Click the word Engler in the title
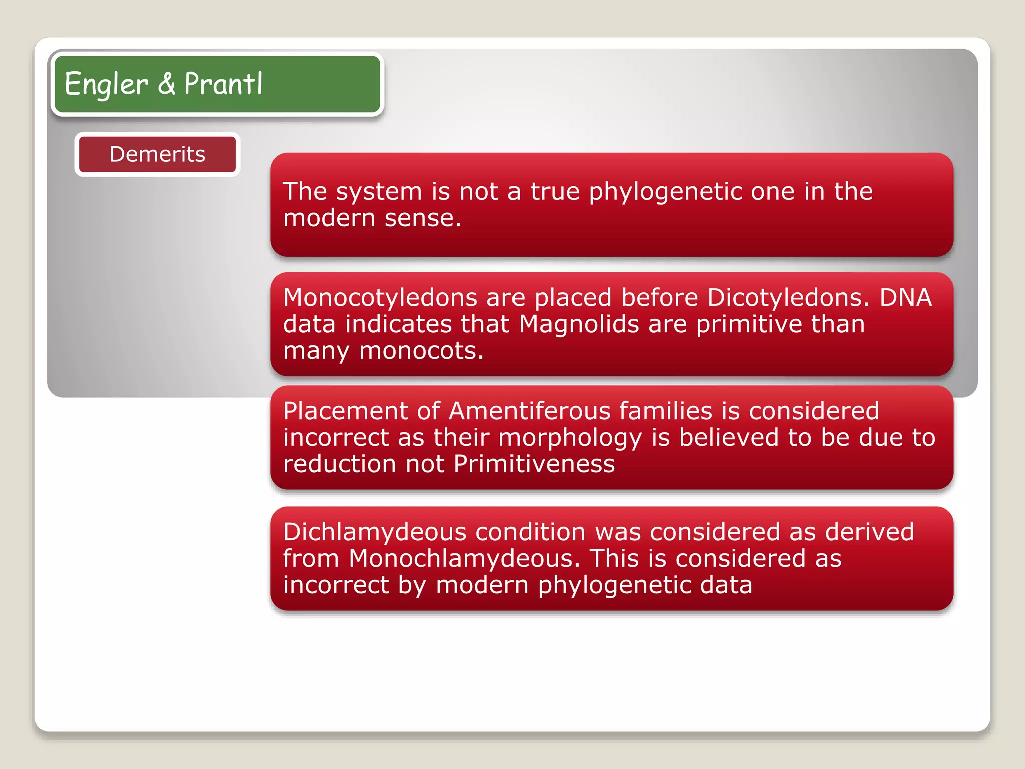point(106,84)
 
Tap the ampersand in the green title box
point(167,84)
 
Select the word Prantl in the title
point(223,84)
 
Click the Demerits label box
point(157,154)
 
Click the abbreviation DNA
point(906,298)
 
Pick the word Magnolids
point(579,324)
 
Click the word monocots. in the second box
point(421,351)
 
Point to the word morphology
point(570,438)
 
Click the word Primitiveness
point(534,464)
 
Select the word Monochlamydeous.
point(464,559)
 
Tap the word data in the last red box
point(726,585)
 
